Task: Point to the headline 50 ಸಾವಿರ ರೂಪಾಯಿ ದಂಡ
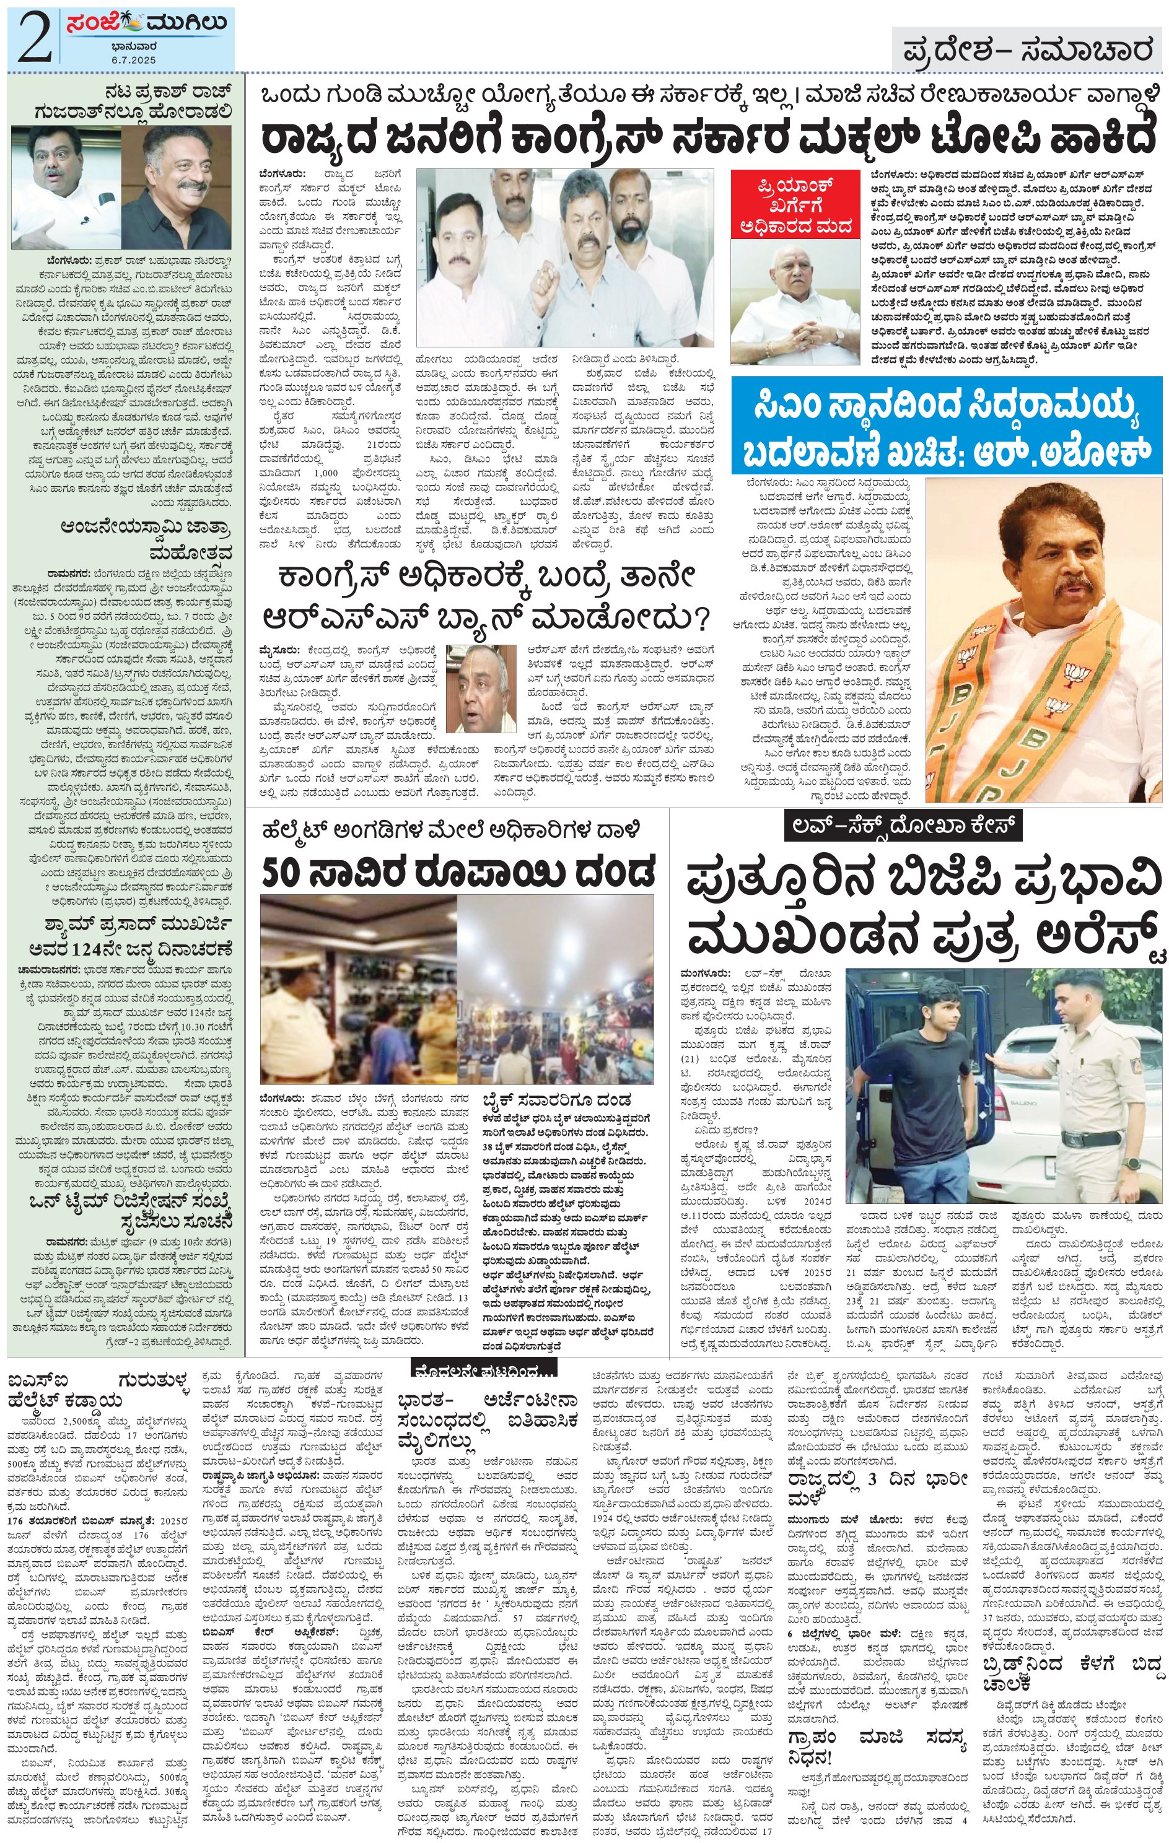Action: (458, 869)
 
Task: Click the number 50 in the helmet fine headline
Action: (285, 869)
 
